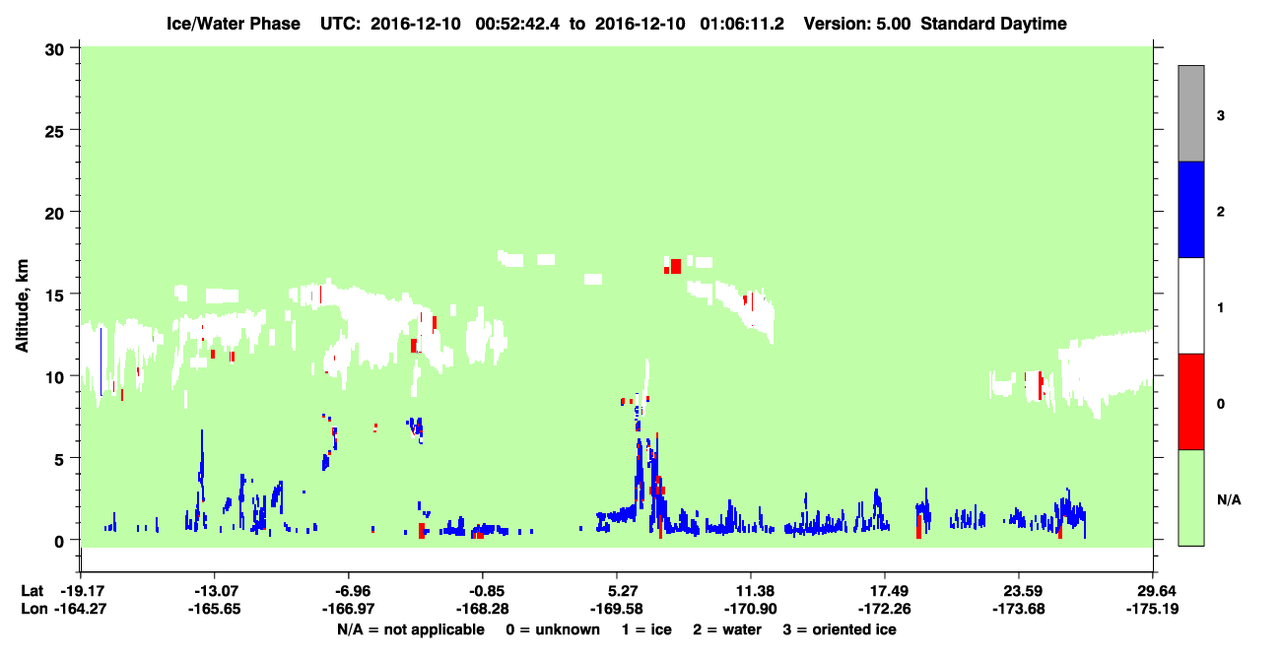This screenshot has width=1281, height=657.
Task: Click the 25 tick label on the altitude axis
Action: point(54,132)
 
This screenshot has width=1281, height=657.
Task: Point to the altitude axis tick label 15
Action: point(54,296)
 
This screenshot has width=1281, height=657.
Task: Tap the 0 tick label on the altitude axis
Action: point(59,542)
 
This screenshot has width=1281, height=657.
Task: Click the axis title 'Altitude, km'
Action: point(22,305)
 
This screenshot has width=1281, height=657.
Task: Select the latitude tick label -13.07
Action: point(215,591)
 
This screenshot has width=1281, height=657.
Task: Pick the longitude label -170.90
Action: point(750,609)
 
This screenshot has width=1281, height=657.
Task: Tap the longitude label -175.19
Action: point(1152,609)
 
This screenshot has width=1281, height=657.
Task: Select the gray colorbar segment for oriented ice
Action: point(1191,113)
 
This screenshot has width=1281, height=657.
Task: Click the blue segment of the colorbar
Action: point(1191,209)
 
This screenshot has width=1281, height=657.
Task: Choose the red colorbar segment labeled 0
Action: point(1191,402)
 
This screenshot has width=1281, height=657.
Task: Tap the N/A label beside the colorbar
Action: point(1229,500)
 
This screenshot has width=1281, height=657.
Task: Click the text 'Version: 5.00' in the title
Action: point(857,24)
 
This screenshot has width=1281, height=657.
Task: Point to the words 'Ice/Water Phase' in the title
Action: point(234,24)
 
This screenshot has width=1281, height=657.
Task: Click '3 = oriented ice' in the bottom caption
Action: point(840,629)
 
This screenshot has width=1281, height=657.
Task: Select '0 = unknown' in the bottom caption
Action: point(553,629)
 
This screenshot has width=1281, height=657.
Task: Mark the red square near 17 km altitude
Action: point(675,267)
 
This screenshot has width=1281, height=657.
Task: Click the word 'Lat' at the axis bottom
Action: point(32,591)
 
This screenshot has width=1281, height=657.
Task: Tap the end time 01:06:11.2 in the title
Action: point(742,24)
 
